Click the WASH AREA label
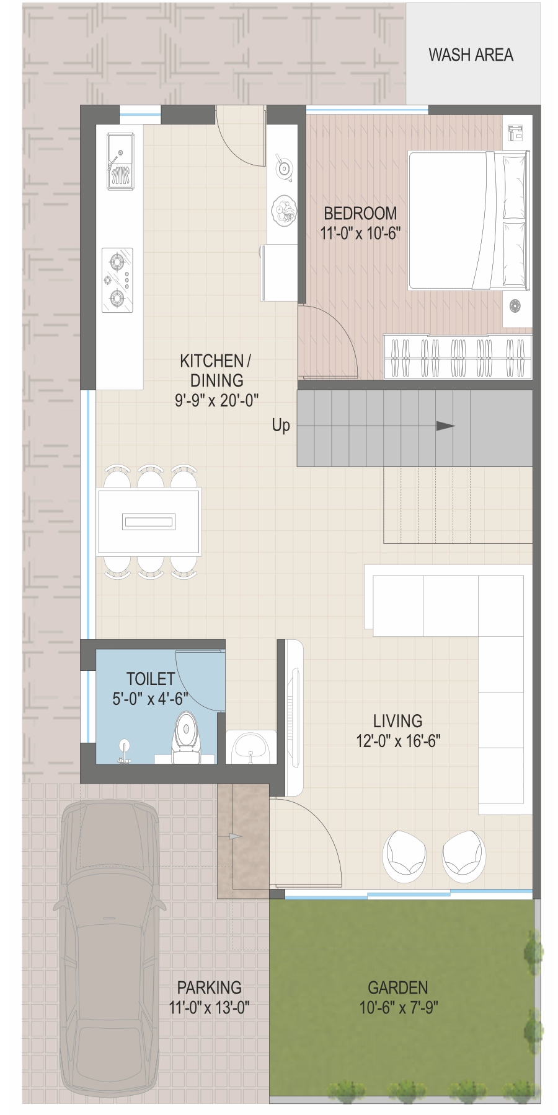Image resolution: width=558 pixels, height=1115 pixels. tap(471, 55)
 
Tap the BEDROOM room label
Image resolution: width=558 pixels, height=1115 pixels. tap(360, 213)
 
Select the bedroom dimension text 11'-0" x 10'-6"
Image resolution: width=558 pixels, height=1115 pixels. tap(360, 233)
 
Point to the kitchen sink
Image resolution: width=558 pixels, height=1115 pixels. tap(120, 160)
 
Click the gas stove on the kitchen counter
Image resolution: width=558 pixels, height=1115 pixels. tap(117, 280)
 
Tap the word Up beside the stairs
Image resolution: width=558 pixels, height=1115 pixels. tap(281, 426)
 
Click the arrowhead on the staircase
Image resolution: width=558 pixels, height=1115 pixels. tap(446, 426)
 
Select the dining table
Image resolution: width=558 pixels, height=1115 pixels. tap(149, 522)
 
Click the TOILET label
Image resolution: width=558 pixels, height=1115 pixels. tap(151, 679)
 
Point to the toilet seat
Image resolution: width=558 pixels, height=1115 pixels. tap(185, 737)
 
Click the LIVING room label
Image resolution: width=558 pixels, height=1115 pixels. tap(397, 721)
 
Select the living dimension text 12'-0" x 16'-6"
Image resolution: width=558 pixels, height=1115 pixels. tap(398, 741)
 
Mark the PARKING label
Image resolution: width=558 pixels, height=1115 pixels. tap(209, 987)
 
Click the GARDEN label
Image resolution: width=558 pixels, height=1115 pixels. tap(398, 987)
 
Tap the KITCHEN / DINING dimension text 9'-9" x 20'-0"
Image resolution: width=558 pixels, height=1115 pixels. tap(216, 401)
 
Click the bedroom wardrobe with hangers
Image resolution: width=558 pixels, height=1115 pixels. tap(458, 357)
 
